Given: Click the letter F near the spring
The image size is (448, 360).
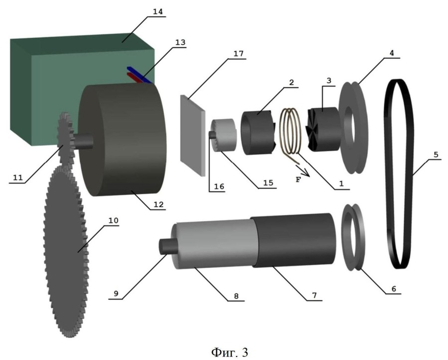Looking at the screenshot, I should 298,180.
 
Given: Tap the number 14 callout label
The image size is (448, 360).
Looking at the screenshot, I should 157,10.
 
